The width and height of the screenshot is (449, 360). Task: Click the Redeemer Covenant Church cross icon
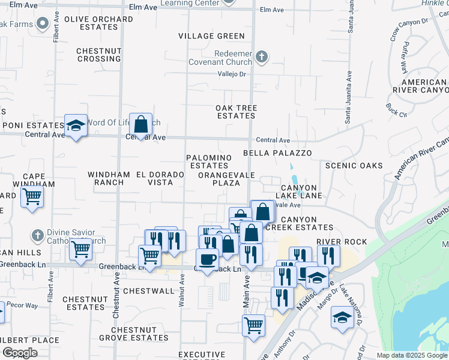261,58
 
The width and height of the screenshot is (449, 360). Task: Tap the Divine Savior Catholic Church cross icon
38,235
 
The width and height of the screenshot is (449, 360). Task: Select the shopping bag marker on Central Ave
140,125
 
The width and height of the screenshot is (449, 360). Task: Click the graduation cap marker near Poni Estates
76,126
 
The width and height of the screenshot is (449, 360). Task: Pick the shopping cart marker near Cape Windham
32,197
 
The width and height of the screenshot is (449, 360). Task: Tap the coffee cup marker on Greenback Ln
208,260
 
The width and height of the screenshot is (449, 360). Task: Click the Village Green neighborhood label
211,36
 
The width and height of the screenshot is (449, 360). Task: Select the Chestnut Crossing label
99,55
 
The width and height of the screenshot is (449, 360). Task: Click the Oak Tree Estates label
237,112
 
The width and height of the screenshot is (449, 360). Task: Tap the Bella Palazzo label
277,153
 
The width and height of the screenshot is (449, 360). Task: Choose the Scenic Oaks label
354,165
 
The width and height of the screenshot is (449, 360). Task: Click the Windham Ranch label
109,178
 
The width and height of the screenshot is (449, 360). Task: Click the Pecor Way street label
23,305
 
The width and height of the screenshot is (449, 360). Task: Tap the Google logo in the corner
20,352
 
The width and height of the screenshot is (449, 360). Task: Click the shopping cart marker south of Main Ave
253,326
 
